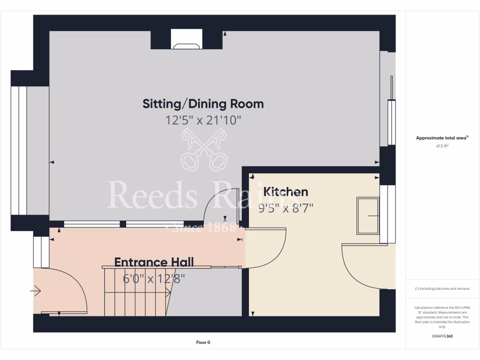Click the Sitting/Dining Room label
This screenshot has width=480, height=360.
tap(203, 104)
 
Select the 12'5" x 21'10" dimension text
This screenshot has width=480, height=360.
tap(203, 120)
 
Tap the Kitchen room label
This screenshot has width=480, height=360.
tap(285, 192)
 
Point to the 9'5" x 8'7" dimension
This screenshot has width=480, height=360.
tap(285, 207)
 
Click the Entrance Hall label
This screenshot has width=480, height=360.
tap(154, 262)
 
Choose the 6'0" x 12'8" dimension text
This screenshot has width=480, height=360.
tap(154, 278)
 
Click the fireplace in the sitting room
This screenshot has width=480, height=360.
tap(187, 40)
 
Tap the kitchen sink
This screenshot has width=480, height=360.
tap(368, 216)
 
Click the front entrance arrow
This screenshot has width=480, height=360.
tap(36, 291)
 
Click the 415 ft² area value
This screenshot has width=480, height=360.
tap(442, 146)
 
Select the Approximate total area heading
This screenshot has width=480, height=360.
tap(442, 138)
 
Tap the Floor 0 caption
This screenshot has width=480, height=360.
tap(203, 343)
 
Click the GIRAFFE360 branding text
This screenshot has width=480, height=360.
tap(442, 336)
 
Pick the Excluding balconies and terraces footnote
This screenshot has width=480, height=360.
tap(442, 289)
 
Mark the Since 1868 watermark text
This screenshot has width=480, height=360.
tap(203, 228)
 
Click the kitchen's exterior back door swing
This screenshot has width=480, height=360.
tap(361, 267)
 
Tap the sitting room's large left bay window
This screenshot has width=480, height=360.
tap(19, 150)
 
